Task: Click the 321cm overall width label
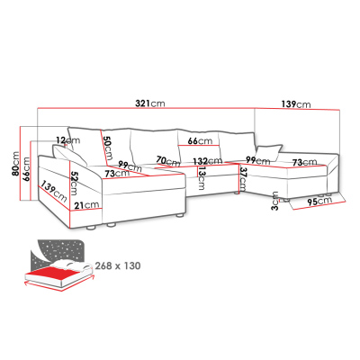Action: (x=150, y=103)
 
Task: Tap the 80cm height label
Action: (x=15, y=164)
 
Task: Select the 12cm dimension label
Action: (x=68, y=140)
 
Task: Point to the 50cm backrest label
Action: (x=107, y=148)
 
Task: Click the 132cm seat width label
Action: (x=208, y=161)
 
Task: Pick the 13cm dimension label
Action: (x=201, y=178)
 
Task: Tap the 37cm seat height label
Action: (x=243, y=179)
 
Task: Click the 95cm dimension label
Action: (x=319, y=202)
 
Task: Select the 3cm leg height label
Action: (x=274, y=201)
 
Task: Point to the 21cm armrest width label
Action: (x=86, y=205)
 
